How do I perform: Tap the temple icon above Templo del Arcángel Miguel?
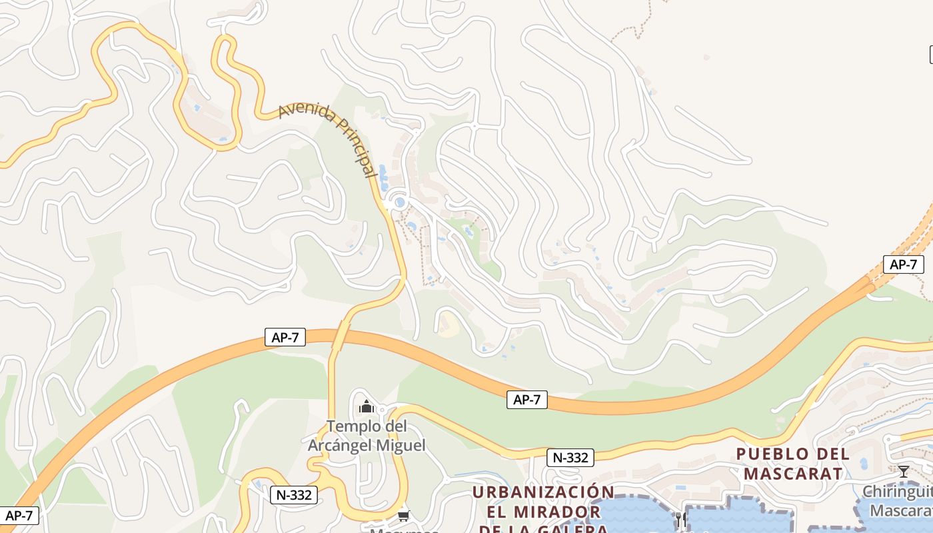[366, 406]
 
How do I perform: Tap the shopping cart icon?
[403, 516]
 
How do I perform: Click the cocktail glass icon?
[904, 472]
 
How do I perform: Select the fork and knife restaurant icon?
[680, 519]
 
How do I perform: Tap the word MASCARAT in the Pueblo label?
[793, 474]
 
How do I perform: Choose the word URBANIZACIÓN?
[543, 492]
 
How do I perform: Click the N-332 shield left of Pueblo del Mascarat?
[570, 458]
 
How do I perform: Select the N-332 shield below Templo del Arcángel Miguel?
[294, 495]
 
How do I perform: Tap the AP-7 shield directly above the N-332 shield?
[526, 400]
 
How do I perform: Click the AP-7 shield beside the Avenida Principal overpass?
[285, 337]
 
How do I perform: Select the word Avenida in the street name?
[305, 113]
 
